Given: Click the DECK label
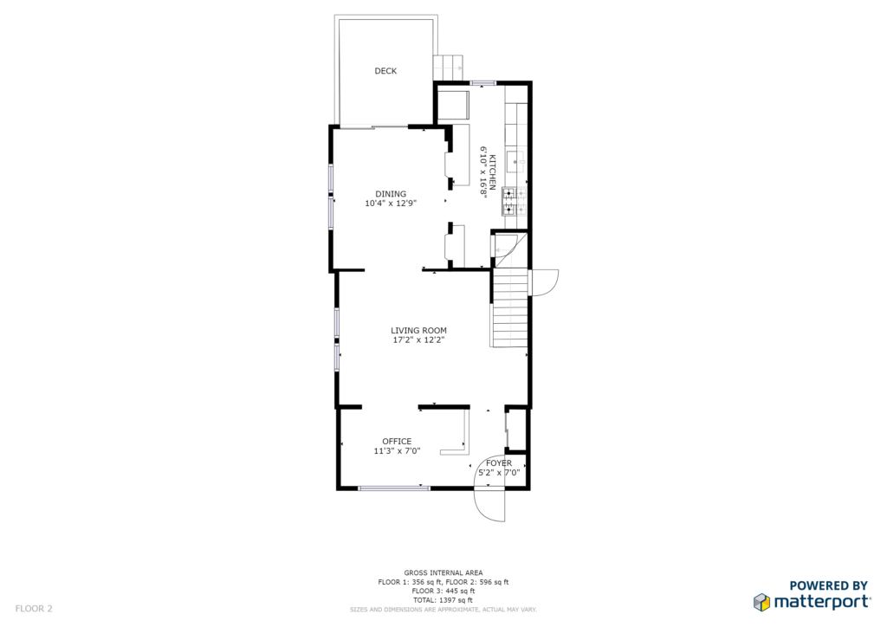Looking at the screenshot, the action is (385, 71).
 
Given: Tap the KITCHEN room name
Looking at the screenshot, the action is (493, 171).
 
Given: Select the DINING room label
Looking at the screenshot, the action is (391, 194).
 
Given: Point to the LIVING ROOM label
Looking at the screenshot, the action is (418, 330).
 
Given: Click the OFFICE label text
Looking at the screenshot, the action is (397, 441).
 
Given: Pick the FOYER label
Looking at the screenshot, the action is (498, 463).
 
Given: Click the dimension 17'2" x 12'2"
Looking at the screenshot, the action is (418, 339).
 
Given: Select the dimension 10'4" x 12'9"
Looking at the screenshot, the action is (391, 203).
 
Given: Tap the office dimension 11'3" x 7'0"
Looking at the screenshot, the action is (397, 450).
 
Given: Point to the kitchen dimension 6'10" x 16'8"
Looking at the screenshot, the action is (483, 171).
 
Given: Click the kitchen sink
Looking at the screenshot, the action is (515, 162).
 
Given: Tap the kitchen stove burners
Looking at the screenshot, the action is (515, 201).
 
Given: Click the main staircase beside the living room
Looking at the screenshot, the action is (509, 308).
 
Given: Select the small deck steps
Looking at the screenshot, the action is (448, 68).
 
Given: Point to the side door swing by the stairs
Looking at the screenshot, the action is (544, 282).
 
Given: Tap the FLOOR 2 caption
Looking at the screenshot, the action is (34, 609).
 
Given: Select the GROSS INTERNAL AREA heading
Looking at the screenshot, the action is (443, 572).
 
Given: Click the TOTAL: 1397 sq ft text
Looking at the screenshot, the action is (443, 600).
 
